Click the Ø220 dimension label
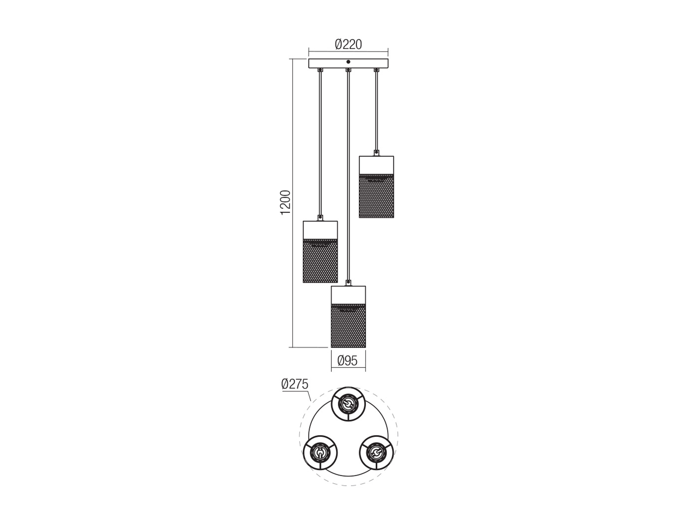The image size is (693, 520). click(348, 45)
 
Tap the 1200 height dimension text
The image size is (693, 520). click(285, 203)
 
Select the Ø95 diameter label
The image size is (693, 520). click(347, 361)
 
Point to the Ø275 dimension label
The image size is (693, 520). click(295, 384)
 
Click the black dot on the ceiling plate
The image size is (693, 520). click(348, 62)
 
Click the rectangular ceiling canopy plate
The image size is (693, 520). click(348, 63)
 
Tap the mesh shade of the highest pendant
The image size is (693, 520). click(376, 196)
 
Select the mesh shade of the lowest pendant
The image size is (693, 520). click(348, 326)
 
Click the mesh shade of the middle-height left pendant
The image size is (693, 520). click(320, 261)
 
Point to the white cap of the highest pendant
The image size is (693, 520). click(376, 165)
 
